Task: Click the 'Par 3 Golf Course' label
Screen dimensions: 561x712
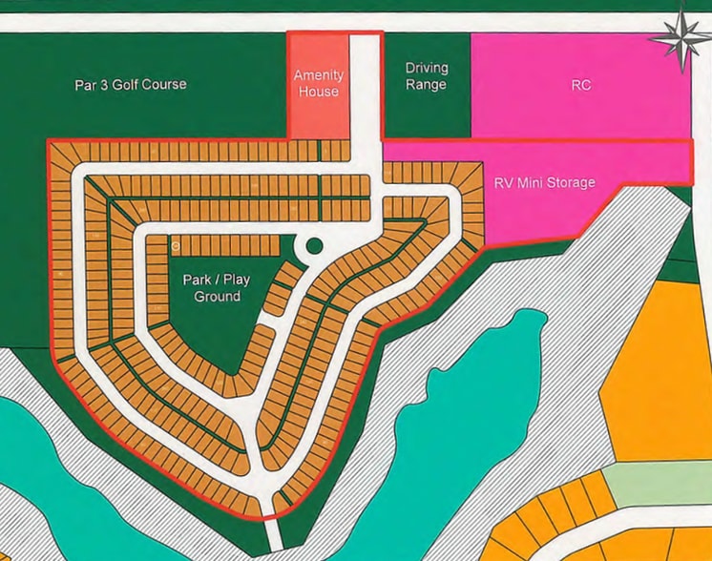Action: point(131,85)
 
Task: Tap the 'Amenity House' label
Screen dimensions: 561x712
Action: point(319,84)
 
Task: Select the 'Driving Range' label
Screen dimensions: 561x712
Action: point(426,76)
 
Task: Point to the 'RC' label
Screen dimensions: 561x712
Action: point(580,85)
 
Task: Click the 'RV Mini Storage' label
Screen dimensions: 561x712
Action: point(544,182)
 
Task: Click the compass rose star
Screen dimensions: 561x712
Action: point(683,35)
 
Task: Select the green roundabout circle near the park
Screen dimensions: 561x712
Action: point(312,246)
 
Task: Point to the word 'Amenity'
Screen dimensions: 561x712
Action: point(319,75)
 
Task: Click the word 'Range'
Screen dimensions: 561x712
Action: point(426,85)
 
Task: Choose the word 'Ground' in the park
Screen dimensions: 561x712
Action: point(217,297)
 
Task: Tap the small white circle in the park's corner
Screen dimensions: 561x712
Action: point(177,246)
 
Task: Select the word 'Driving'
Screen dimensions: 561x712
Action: point(426,69)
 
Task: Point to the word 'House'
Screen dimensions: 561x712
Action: point(319,93)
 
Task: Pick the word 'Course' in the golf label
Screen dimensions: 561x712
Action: point(164,85)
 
